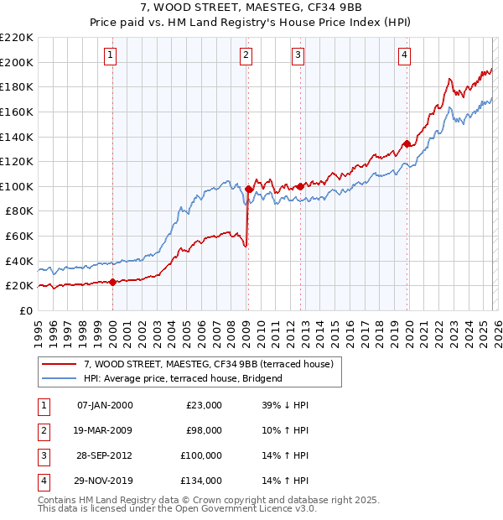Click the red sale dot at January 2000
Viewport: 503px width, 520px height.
click(112, 282)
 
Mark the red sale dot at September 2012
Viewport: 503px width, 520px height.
click(300, 186)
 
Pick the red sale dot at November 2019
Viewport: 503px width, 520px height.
click(407, 143)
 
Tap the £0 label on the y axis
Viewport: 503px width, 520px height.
click(25, 310)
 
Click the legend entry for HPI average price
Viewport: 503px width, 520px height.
click(182, 379)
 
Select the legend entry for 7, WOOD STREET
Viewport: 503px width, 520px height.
click(209, 364)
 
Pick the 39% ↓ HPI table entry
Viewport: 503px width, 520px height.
click(280, 405)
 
